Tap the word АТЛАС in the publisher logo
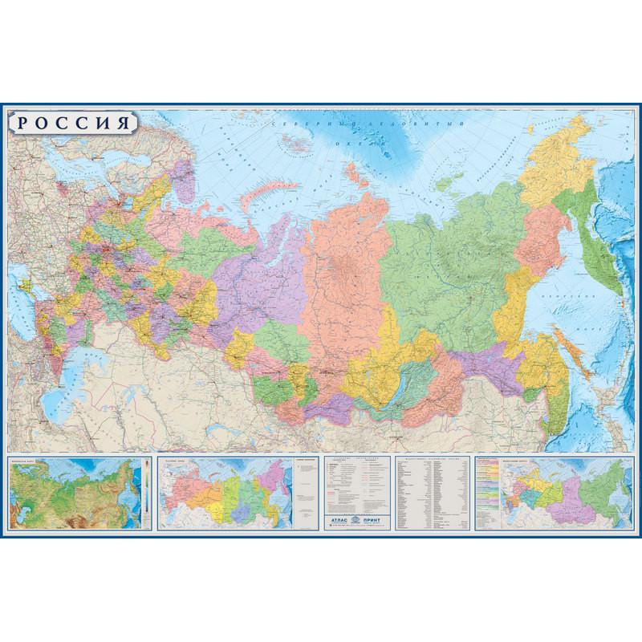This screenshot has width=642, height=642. [x=336, y=519]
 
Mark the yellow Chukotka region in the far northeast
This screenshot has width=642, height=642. [x=562, y=160]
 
